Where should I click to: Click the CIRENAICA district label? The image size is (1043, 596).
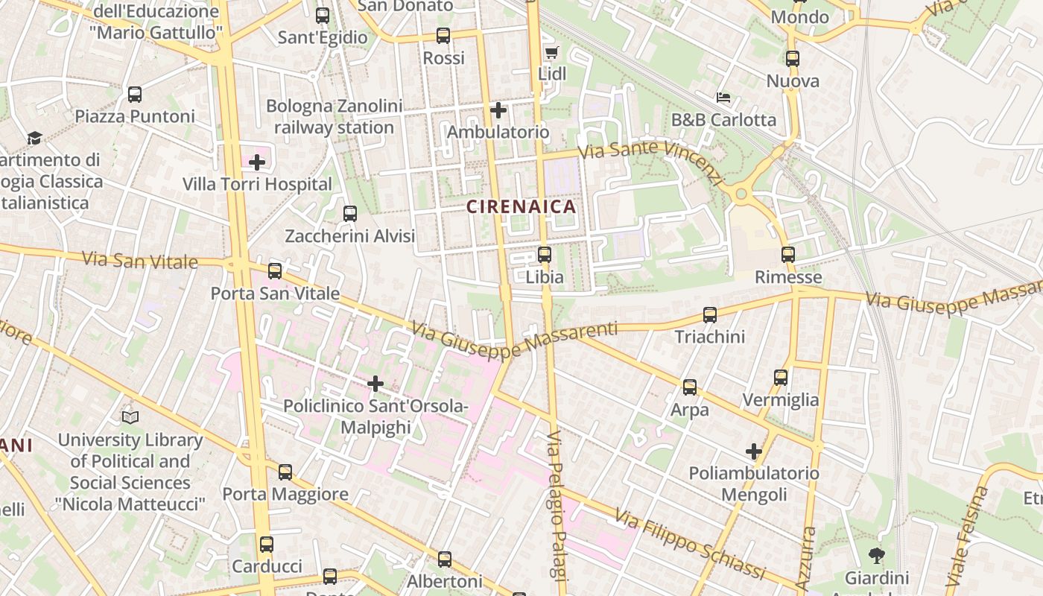tap(521, 206)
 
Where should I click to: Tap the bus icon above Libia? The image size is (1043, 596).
tap(545, 255)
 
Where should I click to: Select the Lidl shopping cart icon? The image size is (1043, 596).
tap(551, 52)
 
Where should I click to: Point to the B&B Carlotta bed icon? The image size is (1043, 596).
tap(723, 98)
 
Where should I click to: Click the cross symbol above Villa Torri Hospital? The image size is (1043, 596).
tap(257, 162)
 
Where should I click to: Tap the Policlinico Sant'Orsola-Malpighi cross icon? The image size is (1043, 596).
tap(375, 384)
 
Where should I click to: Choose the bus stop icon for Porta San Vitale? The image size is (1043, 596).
tap(275, 271)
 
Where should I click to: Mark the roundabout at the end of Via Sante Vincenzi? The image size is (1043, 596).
tap(741, 194)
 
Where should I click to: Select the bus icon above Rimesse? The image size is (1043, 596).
tap(788, 255)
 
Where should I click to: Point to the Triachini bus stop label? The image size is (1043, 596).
tap(709, 337)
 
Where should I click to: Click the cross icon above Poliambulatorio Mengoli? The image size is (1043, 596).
tap(754, 451)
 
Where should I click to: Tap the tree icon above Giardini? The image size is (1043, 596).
tap(877, 555)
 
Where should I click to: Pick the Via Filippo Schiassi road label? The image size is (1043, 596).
tap(690, 544)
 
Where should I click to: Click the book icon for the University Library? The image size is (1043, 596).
tap(130, 417)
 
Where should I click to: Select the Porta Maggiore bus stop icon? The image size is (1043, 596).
tap(285, 472)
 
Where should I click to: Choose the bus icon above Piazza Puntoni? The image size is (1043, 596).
tap(135, 95)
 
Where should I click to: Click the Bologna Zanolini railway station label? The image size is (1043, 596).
tap(334, 116)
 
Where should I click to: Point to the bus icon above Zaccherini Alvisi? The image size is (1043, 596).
tap(350, 215)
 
